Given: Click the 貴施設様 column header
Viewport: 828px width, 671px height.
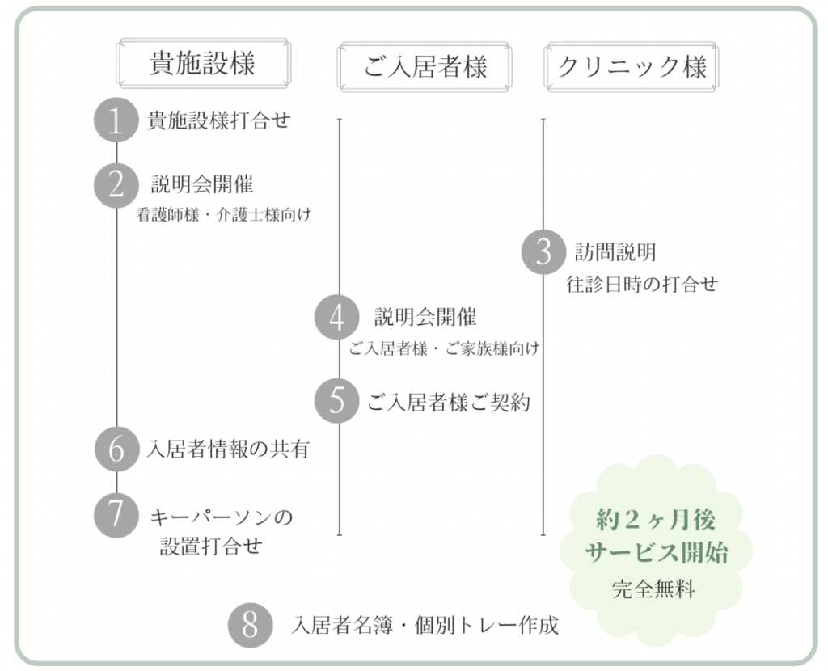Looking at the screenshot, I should point(203,64).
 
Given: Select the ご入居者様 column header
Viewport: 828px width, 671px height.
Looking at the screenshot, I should point(425,67).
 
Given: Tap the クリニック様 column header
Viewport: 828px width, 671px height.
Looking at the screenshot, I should point(632,67).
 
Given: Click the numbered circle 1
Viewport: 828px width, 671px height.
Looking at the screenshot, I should point(116,122).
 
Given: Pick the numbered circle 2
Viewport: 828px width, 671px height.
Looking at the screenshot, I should point(116,185).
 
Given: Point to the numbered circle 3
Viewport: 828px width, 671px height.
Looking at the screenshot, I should point(543,252).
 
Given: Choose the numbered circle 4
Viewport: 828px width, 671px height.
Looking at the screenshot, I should point(337,317).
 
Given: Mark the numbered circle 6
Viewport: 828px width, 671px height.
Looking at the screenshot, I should point(116,449).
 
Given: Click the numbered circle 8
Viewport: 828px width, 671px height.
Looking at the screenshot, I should point(250,625).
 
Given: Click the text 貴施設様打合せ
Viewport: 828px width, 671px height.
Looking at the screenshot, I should point(219,121).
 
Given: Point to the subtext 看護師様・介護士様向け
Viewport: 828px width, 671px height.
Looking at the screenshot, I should point(224,215).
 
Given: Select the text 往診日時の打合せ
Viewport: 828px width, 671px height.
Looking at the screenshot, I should point(642,285).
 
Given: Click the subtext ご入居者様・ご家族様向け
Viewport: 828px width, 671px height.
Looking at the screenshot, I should point(444,349).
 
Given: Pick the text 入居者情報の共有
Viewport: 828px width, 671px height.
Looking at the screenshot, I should point(228,449).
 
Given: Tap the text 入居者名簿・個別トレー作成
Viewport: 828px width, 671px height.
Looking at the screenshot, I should point(425,626).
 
